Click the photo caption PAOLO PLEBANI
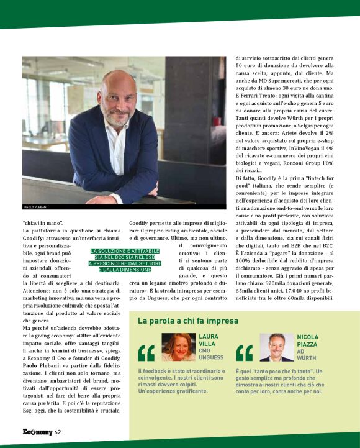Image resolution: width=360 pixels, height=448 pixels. pos(35,206)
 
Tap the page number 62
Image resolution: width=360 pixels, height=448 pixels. pos(58,432)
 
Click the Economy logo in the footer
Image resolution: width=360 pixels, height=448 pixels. pos(37,432)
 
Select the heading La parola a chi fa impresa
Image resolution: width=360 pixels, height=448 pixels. pos(187,321)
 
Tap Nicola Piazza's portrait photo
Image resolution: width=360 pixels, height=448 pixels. pos(277,347)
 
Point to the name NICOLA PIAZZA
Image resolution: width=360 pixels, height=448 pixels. pos(307,341)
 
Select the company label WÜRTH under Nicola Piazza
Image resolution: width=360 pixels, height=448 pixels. pos(307,358)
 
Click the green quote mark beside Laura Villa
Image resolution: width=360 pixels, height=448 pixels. pos(146,353)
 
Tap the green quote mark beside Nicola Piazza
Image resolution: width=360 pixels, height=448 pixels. pos(245,353)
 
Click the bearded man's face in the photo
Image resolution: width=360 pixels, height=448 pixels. pos(117,101)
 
